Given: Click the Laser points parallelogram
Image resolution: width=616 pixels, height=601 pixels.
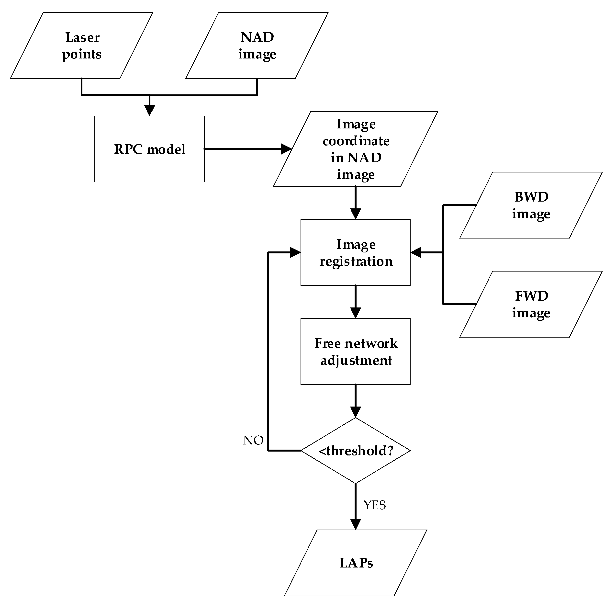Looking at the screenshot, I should [x=82, y=45].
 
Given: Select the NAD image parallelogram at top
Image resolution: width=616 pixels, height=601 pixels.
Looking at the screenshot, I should [x=257, y=45].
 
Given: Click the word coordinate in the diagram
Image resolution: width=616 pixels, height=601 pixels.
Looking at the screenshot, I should [x=356, y=141].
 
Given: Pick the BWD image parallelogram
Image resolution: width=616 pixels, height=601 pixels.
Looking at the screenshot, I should [x=531, y=205].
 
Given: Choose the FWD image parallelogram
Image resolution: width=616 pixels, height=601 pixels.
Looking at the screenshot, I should [x=531, y=304].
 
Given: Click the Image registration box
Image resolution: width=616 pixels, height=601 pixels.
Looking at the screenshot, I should [x=355, y=252].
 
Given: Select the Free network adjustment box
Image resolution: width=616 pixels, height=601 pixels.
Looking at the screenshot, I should [x=355, y=352].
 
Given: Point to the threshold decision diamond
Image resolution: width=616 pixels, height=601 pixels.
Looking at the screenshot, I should [x=355, y=451].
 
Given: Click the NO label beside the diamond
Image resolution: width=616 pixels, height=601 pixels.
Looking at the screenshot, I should [x=253, y=440].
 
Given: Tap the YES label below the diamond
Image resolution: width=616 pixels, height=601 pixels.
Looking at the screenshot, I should [x=374, y=505].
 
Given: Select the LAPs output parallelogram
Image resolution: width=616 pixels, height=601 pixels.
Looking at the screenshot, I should [x=355, y=563].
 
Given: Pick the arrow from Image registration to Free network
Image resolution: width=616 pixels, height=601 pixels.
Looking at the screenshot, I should [x=355, y=302].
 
